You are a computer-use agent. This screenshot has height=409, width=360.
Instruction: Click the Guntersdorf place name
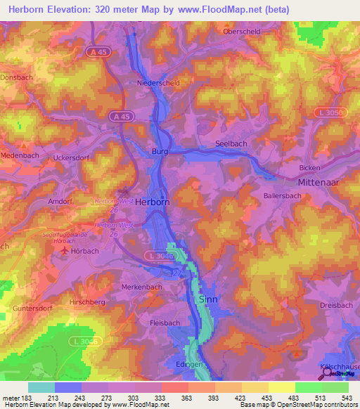(x=33, y=309)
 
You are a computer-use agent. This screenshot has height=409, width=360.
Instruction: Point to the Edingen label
(x=189, y=363)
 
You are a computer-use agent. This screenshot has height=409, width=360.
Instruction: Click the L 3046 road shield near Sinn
(x=160, y=255)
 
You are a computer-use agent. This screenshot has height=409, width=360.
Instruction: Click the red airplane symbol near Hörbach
(x=66, y=250)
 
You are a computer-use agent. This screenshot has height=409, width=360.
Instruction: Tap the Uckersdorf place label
(x=72, y=157)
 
